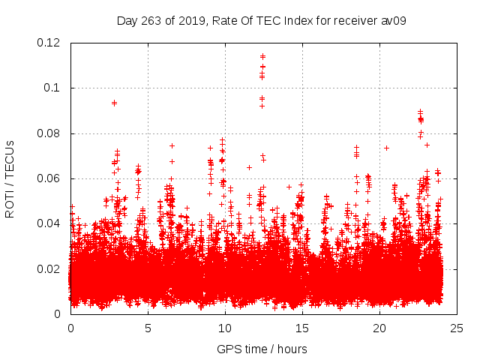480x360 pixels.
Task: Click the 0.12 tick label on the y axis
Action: click(x=49, y=43)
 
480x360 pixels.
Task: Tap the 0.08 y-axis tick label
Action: click(x=49, y=133)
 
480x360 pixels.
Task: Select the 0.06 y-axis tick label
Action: click(x=49, y=178)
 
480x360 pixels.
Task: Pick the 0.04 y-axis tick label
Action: click(x=49, y=223)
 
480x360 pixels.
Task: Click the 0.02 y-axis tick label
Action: click(x=49, y=268)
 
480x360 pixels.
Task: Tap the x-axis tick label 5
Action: click(x=148, y=328)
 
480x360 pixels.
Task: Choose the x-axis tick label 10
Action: click(x=225, y=328)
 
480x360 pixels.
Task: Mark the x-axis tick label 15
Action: click(x=302, y=328)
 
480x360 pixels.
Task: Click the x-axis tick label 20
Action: click(x=379, y=328)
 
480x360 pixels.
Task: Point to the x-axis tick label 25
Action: click(x=457, y=328)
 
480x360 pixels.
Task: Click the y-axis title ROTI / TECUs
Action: click(x=10, y=178)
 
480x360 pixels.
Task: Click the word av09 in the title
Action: click(x=394, y=20)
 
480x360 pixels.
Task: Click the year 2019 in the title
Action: click(x=190, y=20)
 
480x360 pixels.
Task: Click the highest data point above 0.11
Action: click(x=262, y=55)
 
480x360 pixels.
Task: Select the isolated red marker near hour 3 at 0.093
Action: click(x=114, y=103)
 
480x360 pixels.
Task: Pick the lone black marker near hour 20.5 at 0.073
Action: click(x=386, y=148)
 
